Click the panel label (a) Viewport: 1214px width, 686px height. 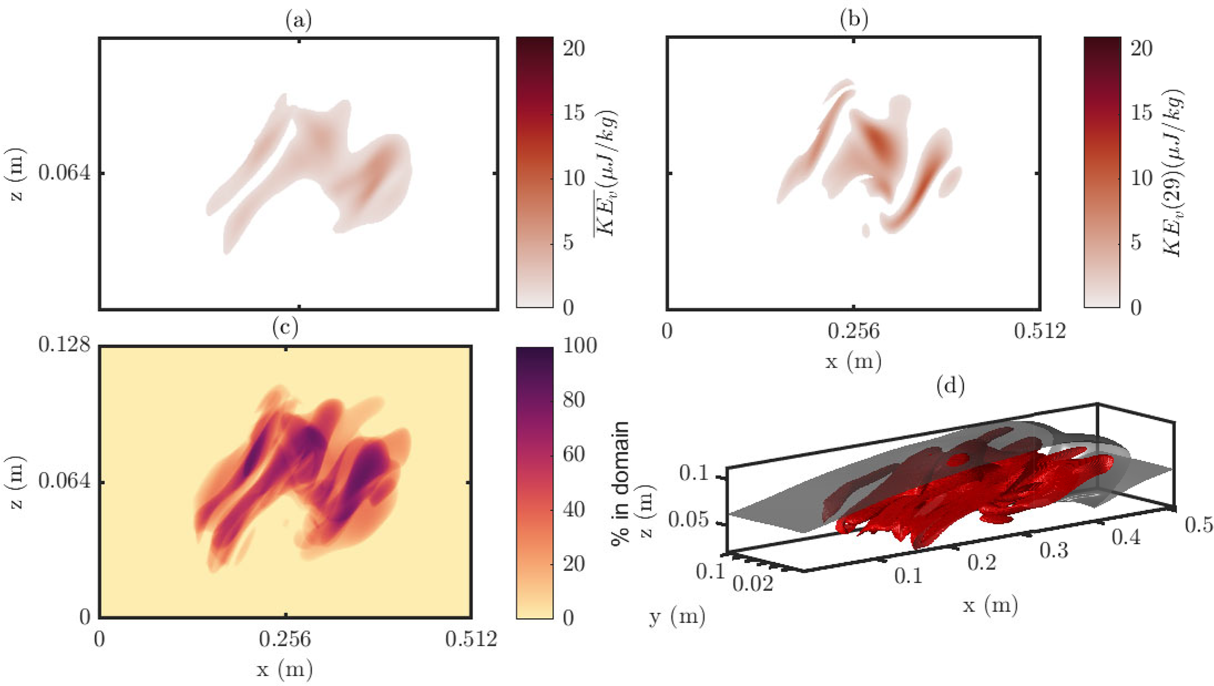coord(298,21)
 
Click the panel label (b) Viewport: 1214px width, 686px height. coord(853,20)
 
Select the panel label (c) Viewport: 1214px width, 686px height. coord(285,327)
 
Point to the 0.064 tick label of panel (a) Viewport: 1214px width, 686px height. coord(65,173)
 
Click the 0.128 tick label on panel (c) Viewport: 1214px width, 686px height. coord(65,344)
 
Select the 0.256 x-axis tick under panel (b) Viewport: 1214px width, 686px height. coord(853,332)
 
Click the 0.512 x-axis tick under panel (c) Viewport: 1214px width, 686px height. coord(471,638)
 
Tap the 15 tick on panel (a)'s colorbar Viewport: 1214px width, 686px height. coord(574,113)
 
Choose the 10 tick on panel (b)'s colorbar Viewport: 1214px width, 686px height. coord(1141,178)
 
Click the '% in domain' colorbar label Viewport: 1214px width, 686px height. coord(620,483)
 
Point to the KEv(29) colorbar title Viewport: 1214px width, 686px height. coord(1173,173)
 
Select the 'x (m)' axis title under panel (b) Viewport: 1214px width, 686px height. coord(853,361)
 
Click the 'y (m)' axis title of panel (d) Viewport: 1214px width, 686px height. coord(677,616)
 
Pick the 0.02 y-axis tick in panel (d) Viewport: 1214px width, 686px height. coord(752,583)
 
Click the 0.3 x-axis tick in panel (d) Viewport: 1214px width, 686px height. coord(1054,550)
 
